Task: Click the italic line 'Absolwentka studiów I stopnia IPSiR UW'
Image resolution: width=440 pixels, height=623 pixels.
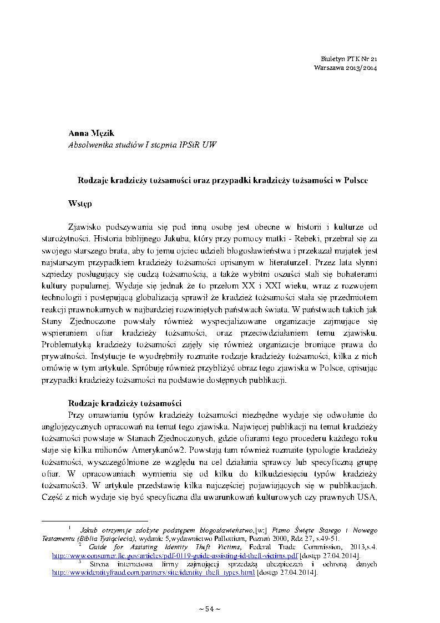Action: coord(141,145)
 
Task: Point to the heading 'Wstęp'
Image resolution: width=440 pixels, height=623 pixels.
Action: coord(79,204)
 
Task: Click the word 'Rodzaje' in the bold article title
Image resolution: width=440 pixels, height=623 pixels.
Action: coord(92,180)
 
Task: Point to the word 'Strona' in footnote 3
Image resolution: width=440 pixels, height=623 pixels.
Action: coord(92,564)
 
